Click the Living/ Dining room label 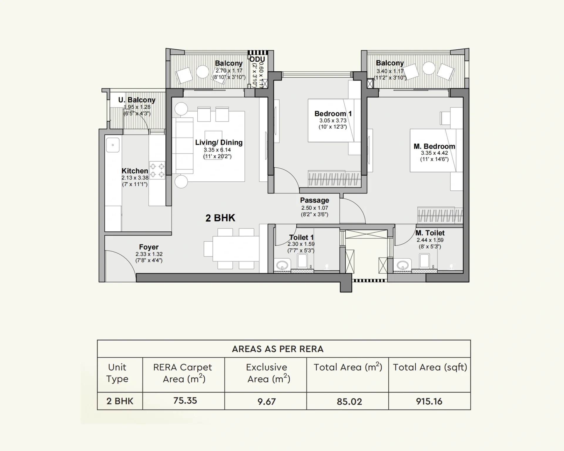(219, 142)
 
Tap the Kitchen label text (135, 171)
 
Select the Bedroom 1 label (333, 114)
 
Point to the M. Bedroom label (434, 146)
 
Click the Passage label (314, 200)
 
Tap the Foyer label (149, 247)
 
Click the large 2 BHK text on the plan (220, 218)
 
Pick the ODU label (257, 59)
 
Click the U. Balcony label (137, 100)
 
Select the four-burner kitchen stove (157, 170)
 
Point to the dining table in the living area (236, 248)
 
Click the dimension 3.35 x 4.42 (434, 153)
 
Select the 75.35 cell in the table (185, 401)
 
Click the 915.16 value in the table (429, 401)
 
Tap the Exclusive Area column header (267, 373)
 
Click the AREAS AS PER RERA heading (278, 349)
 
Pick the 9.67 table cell (267, 401)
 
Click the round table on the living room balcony (202, 72)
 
